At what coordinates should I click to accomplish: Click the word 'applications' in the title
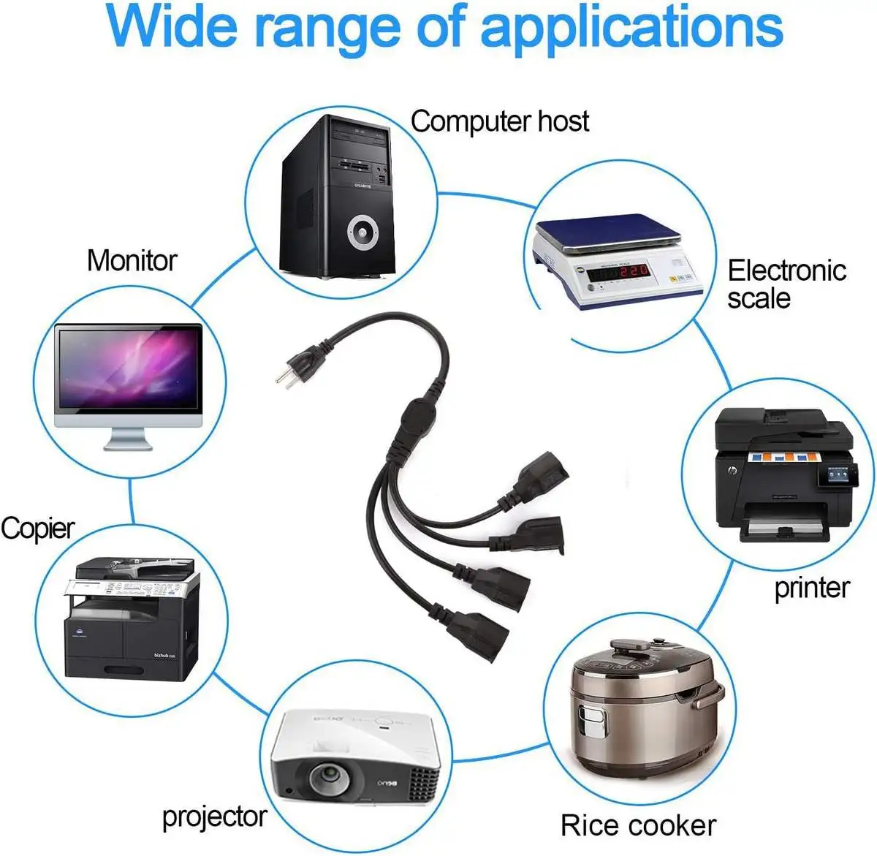631,27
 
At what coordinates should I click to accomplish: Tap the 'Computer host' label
499,121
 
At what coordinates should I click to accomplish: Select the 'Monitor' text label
132,260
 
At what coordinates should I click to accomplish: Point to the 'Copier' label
38,528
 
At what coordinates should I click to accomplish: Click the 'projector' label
214,817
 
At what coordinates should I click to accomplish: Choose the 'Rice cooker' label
638,825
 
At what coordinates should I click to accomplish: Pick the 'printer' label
811,588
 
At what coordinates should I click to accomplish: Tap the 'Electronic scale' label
786,284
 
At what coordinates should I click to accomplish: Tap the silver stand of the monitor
129,439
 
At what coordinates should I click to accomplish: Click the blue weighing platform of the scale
607,230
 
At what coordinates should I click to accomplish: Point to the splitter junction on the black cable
417,420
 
